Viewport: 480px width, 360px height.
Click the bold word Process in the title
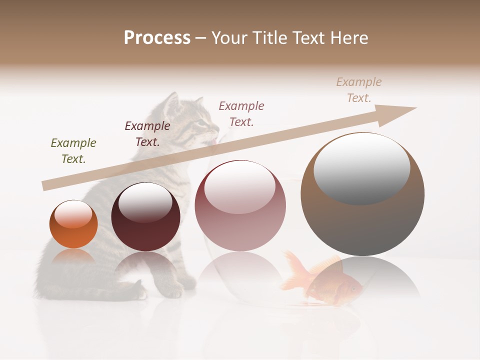pos(157,38)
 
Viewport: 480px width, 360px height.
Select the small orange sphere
pos(73,224)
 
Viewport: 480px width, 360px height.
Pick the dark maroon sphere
pos(145,217)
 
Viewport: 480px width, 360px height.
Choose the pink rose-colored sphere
pos(240,205)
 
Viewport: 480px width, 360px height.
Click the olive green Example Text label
pos(73,150)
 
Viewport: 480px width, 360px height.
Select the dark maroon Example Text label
pos(147,133)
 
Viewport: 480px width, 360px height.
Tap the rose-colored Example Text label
pos(241,113)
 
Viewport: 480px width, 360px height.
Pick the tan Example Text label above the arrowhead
pos(359,89)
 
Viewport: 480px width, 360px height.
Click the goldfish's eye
pos(354,288)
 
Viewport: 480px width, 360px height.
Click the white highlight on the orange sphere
pos(73,214)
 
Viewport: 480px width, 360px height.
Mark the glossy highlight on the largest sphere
pos(361,167)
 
